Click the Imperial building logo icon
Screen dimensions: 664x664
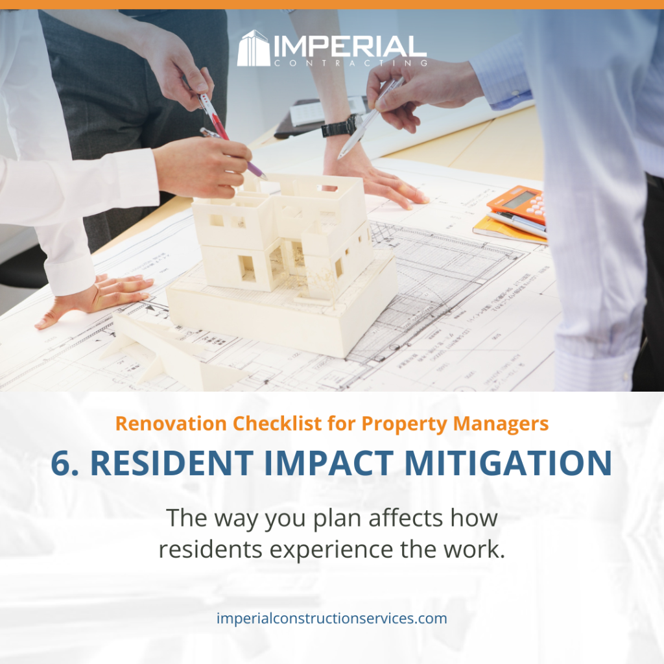tap(254, 48)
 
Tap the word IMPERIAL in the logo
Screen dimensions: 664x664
tap(350, 46)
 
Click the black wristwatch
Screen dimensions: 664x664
tap(340, 126)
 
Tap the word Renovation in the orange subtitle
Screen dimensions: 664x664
tap(171, 423)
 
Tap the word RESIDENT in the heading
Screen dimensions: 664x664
tap(172, 462)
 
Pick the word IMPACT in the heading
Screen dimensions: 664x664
tap(329, 462)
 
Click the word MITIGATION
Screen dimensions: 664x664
tap(508, 462)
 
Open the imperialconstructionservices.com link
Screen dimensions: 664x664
tap(331, 618)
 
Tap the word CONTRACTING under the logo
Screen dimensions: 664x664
tap(350, 64)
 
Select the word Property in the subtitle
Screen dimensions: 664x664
tap(405, 424)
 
